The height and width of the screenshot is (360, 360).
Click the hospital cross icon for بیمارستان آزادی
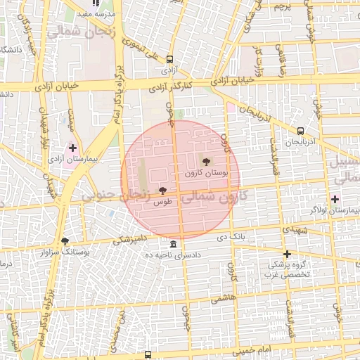tap(72, 148)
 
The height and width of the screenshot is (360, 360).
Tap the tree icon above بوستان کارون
tap(205, 162)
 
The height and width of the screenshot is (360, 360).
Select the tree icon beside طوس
tap(162, 191)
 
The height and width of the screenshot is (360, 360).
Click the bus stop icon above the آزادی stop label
tap(169, 60)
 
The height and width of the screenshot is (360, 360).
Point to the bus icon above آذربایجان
tap(301, 131)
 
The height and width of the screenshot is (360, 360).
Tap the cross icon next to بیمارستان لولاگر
tap(335, 200)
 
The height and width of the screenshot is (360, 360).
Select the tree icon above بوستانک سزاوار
tap(65, 240)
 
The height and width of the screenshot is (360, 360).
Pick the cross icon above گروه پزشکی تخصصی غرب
tap(287, 254)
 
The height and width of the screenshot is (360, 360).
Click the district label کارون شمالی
tap(212, 200)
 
